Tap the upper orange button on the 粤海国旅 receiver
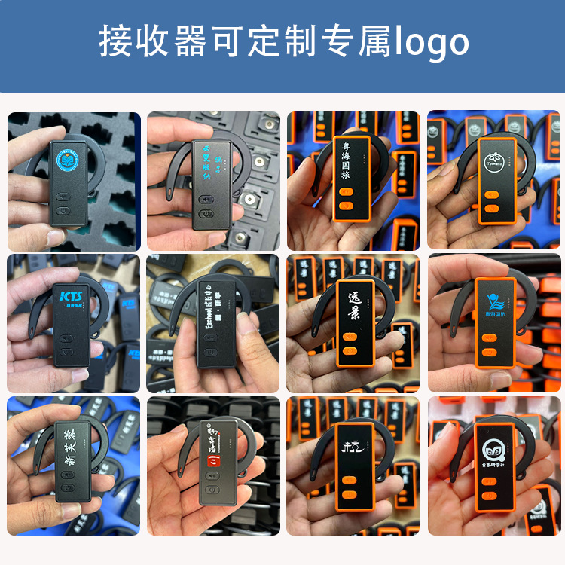(x=347, y=192)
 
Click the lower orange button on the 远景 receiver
(x=349, y=350)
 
